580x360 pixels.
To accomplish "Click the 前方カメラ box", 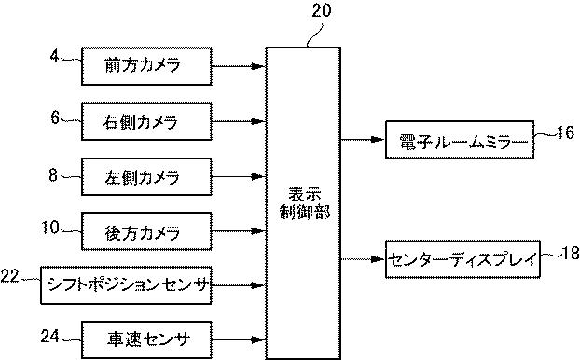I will click(143, 65).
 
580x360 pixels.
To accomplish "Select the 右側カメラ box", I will click(143, 120).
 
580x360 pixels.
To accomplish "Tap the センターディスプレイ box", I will click(463, 260).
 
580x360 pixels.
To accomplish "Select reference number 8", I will click(53, 173).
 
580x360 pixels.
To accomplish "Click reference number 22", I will click(11, 275).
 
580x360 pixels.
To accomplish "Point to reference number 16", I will click(564, 133).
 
